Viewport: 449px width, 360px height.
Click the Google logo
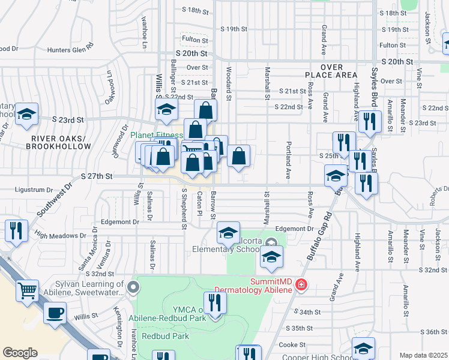click(x=20, y=353)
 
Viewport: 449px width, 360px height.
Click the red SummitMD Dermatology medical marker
click(x=301, y=284)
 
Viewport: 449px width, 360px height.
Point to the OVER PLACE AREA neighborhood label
click(x=331, y=71)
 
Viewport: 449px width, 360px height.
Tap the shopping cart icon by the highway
click(x=27, y=290)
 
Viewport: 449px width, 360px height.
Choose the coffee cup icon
click(x=55, y=313)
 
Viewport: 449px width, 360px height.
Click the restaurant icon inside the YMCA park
click(x=215, y=302)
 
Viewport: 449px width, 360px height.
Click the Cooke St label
click(x=292, y=344)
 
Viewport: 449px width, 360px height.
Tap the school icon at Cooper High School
click(x=363, y=348)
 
